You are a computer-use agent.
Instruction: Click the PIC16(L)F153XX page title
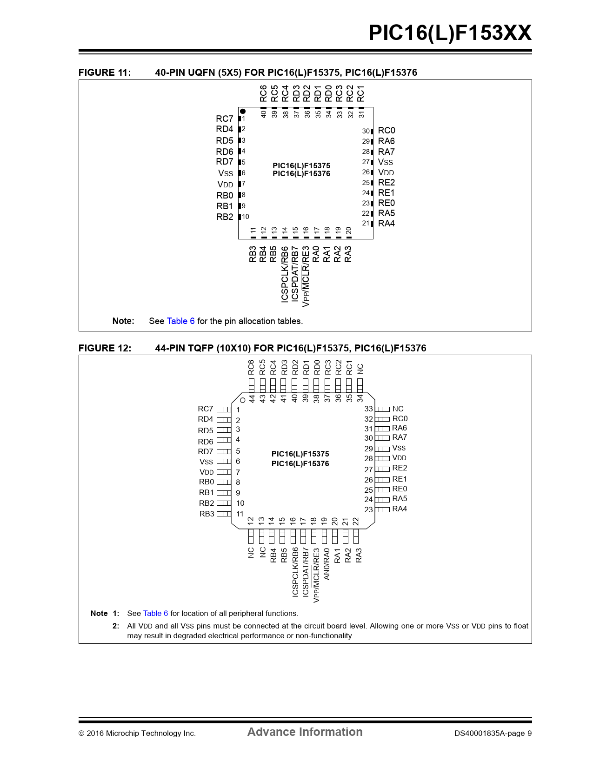[450, 33]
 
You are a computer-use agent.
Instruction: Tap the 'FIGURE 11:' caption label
[105, 73]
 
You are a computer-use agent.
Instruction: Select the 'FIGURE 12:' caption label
[105, 348]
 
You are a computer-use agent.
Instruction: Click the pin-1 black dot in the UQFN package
[243, 112]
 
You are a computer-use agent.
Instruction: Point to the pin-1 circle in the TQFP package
[242, 400]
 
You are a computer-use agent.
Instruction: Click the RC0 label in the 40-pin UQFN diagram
[386, 131]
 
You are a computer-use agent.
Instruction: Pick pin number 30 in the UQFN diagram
[366, 131]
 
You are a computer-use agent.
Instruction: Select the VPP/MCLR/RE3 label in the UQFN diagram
[306, 276]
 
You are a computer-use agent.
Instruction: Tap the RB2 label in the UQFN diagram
[225, 217]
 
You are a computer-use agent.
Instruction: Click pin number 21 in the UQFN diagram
[366, 223]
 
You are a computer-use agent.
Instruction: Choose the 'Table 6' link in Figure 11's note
[180, 321]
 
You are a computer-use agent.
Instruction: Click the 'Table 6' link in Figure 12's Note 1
[155, 614]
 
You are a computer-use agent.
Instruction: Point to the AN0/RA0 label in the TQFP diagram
[326, 564]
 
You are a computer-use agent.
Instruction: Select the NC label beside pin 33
[398, 409]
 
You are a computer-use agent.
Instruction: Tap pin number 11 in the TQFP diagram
[240, 514]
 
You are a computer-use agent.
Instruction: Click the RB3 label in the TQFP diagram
[207, 514]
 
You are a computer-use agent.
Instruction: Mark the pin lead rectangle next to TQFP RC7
[224, 409]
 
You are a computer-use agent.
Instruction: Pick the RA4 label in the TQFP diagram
[400, 509]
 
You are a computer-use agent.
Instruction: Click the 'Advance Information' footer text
[305, 732]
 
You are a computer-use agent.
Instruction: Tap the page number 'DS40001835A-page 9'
[493, 734]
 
